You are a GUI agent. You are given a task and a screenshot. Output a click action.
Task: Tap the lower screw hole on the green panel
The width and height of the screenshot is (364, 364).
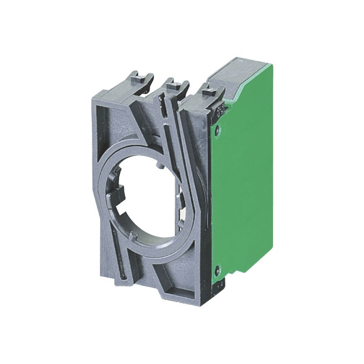(217, 268)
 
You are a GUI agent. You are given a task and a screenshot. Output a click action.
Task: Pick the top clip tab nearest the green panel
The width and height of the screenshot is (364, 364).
(209, 93)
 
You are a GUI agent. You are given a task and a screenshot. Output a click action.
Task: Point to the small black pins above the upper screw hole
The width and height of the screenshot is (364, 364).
(220, 110)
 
